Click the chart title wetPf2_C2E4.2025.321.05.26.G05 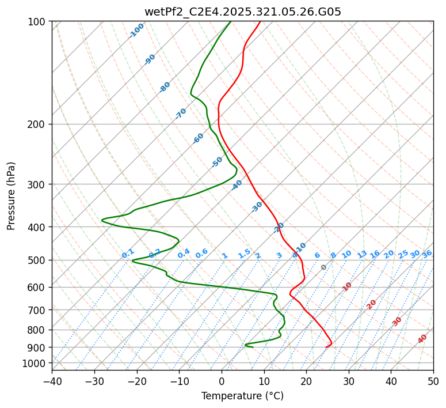[242, 10]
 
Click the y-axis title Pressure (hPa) [12, 195]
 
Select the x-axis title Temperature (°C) [242, 396]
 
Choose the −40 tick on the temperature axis [52, 381]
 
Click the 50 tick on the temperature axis [433, 381]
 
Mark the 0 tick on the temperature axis [222, 381]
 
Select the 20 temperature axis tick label [306, 381]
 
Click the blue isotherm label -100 [136, 31]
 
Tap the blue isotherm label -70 [181, 114]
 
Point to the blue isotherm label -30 [257, 207]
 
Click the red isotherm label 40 [422, 339]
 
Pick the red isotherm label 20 [372, 304]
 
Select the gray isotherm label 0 [324, 267]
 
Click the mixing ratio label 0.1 [128, 254]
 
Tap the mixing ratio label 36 [427, 254]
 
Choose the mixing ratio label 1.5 [244, 254]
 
